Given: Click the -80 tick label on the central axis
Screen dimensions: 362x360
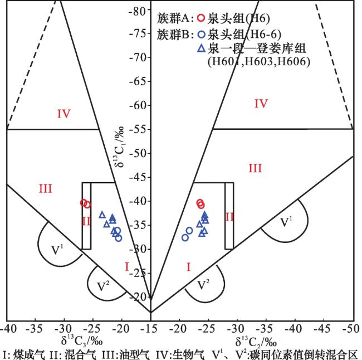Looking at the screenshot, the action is click(138, 11).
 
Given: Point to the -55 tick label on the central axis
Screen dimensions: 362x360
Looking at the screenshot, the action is click(138, 130).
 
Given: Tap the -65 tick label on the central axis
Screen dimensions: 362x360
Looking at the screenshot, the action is click(138, 82).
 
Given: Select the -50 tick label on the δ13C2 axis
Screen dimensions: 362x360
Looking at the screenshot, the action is click(353, 329).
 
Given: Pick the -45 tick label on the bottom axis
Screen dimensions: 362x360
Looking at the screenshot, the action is click(324, 329).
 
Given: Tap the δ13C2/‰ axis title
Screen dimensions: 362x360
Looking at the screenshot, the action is click(256, 342).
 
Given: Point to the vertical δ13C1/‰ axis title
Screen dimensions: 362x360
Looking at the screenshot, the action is click(119, 147).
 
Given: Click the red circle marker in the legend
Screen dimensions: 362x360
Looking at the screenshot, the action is click(201, 18).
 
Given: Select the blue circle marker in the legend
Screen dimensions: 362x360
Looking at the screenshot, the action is click(201, 35).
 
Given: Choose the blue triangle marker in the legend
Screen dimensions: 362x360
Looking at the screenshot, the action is click(202, 48).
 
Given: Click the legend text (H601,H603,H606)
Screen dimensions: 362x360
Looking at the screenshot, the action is click(259, 62).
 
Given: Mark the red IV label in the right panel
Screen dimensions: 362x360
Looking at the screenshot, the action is click(261, 104).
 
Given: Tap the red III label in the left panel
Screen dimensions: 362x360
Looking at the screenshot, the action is click(46, 189).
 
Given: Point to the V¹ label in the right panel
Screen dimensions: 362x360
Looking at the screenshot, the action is click(286, 222).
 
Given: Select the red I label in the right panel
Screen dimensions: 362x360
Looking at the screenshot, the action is click(189, 267).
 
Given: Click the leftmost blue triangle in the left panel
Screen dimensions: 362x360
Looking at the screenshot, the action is click(102, 215).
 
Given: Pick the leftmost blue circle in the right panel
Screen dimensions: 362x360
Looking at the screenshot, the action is click(185, 237).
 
